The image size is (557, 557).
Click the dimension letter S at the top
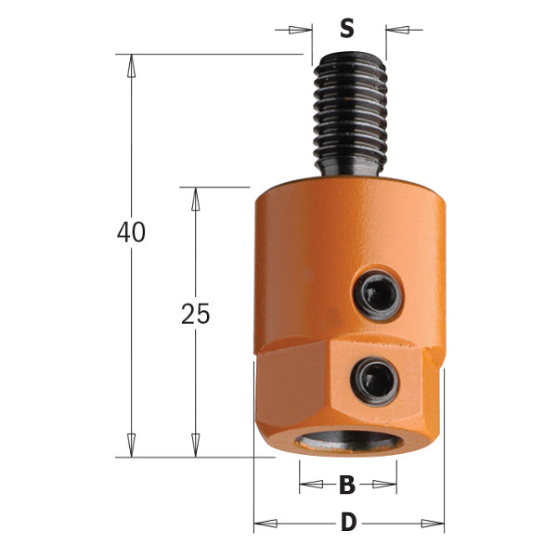[347, 29]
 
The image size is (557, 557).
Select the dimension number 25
[195, 314]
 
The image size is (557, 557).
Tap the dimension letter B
[347, 484]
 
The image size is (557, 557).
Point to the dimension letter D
[348, 523]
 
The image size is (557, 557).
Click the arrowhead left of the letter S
[299, 30]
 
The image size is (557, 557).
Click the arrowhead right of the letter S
[397, 30]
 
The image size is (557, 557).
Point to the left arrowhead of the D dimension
[266, 523]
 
